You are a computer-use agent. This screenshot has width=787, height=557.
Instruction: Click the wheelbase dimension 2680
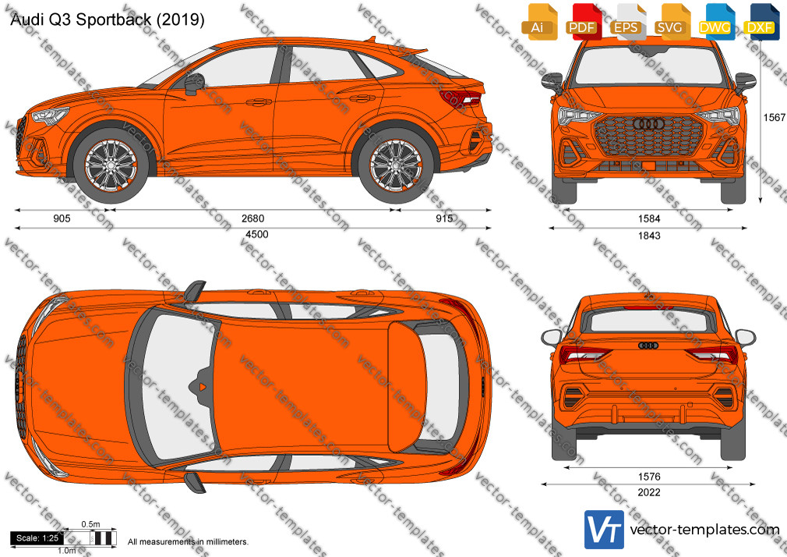(x=252, y=218)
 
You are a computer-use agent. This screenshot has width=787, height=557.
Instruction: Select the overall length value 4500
(x=256, y=234)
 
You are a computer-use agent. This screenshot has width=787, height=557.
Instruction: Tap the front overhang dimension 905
(x=62, y=218)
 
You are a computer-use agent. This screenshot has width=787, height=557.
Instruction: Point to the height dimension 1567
(x=774, y=117)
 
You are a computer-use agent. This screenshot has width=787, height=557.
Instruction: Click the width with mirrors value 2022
(x=648, y=493)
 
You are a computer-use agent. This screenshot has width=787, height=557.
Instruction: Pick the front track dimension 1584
(x=649, y=218)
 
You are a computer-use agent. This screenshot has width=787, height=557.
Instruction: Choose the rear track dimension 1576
(x=648, y=477)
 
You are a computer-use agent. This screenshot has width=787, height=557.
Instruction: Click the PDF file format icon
(x=582, y=22)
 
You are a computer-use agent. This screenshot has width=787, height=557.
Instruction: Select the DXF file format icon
(x=761, y=22)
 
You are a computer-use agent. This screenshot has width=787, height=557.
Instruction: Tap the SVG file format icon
(x=671, y=22)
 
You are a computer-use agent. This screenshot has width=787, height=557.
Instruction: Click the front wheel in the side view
(x=111, y=165)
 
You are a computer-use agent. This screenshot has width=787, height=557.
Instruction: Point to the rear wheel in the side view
(x=396, y=165)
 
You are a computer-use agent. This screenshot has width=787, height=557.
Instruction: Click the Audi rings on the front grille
(x=648, y=124)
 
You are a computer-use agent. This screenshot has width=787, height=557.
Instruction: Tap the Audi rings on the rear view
(x=648, y=346)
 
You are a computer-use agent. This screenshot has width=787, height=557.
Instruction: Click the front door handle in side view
(x=259, y=102)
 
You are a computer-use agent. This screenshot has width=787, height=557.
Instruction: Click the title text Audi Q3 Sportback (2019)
(x=108, y=20)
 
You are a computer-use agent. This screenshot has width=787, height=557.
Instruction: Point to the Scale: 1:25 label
(x=37, y=538)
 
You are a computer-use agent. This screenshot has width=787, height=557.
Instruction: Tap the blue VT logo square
(x=605, y=530)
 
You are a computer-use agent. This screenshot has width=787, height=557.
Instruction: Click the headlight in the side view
(x=50, y=115)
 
